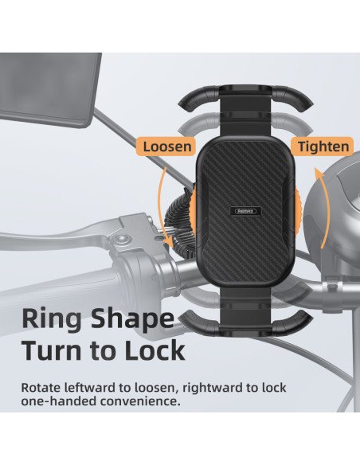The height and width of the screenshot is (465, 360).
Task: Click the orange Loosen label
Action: pyautogui.click(x=166, y=147)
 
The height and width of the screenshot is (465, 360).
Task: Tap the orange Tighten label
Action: pyautogui.click(x=323, y=147)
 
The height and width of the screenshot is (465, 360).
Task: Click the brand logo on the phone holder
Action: pyautogui.click(x=246, y=211)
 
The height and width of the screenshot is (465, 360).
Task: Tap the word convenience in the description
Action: pyautogui.click(x=140, y=401)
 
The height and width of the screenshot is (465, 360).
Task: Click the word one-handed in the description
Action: pyautogui.click(x=59, y=401)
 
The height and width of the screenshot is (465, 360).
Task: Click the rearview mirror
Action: pyautogui.click(x=49, y=89)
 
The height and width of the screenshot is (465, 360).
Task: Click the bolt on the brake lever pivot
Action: pyautogui.click(x=120, y=238)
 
